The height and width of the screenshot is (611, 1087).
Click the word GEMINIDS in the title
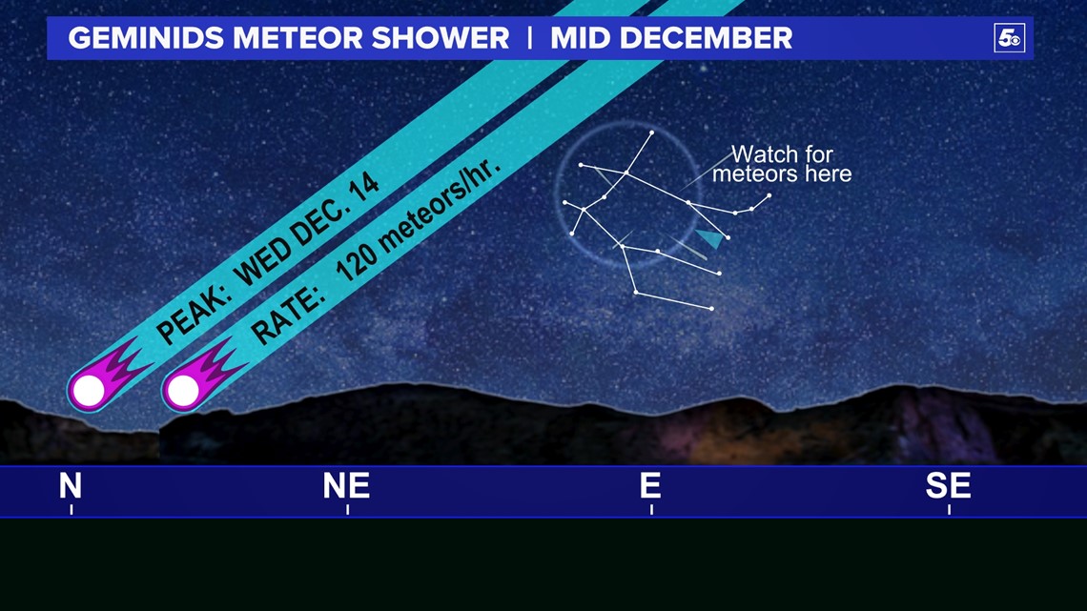click(x=147, y=38)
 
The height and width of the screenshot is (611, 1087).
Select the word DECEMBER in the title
click(x=706, y=38)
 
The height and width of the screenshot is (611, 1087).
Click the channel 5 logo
click(x=1009, y=38)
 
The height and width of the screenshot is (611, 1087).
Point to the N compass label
click(x=71, y=485)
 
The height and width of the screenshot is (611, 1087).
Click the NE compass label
click(x=346, y=485)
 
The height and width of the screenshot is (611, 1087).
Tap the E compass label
click(x=650, y=485)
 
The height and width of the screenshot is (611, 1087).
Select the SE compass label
click(x=948, y=485)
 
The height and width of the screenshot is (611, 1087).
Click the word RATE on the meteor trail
click(x=287, y=316)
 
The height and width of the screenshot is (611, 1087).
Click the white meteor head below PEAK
click(x=88, y=390)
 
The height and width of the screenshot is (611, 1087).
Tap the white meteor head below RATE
click(x=183, y=390)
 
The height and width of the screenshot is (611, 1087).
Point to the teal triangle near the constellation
click(x=709, y=238)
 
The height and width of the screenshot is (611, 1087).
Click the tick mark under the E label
click(x=651, y=510)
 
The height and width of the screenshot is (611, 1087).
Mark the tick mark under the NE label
click(x=347, y=510)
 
